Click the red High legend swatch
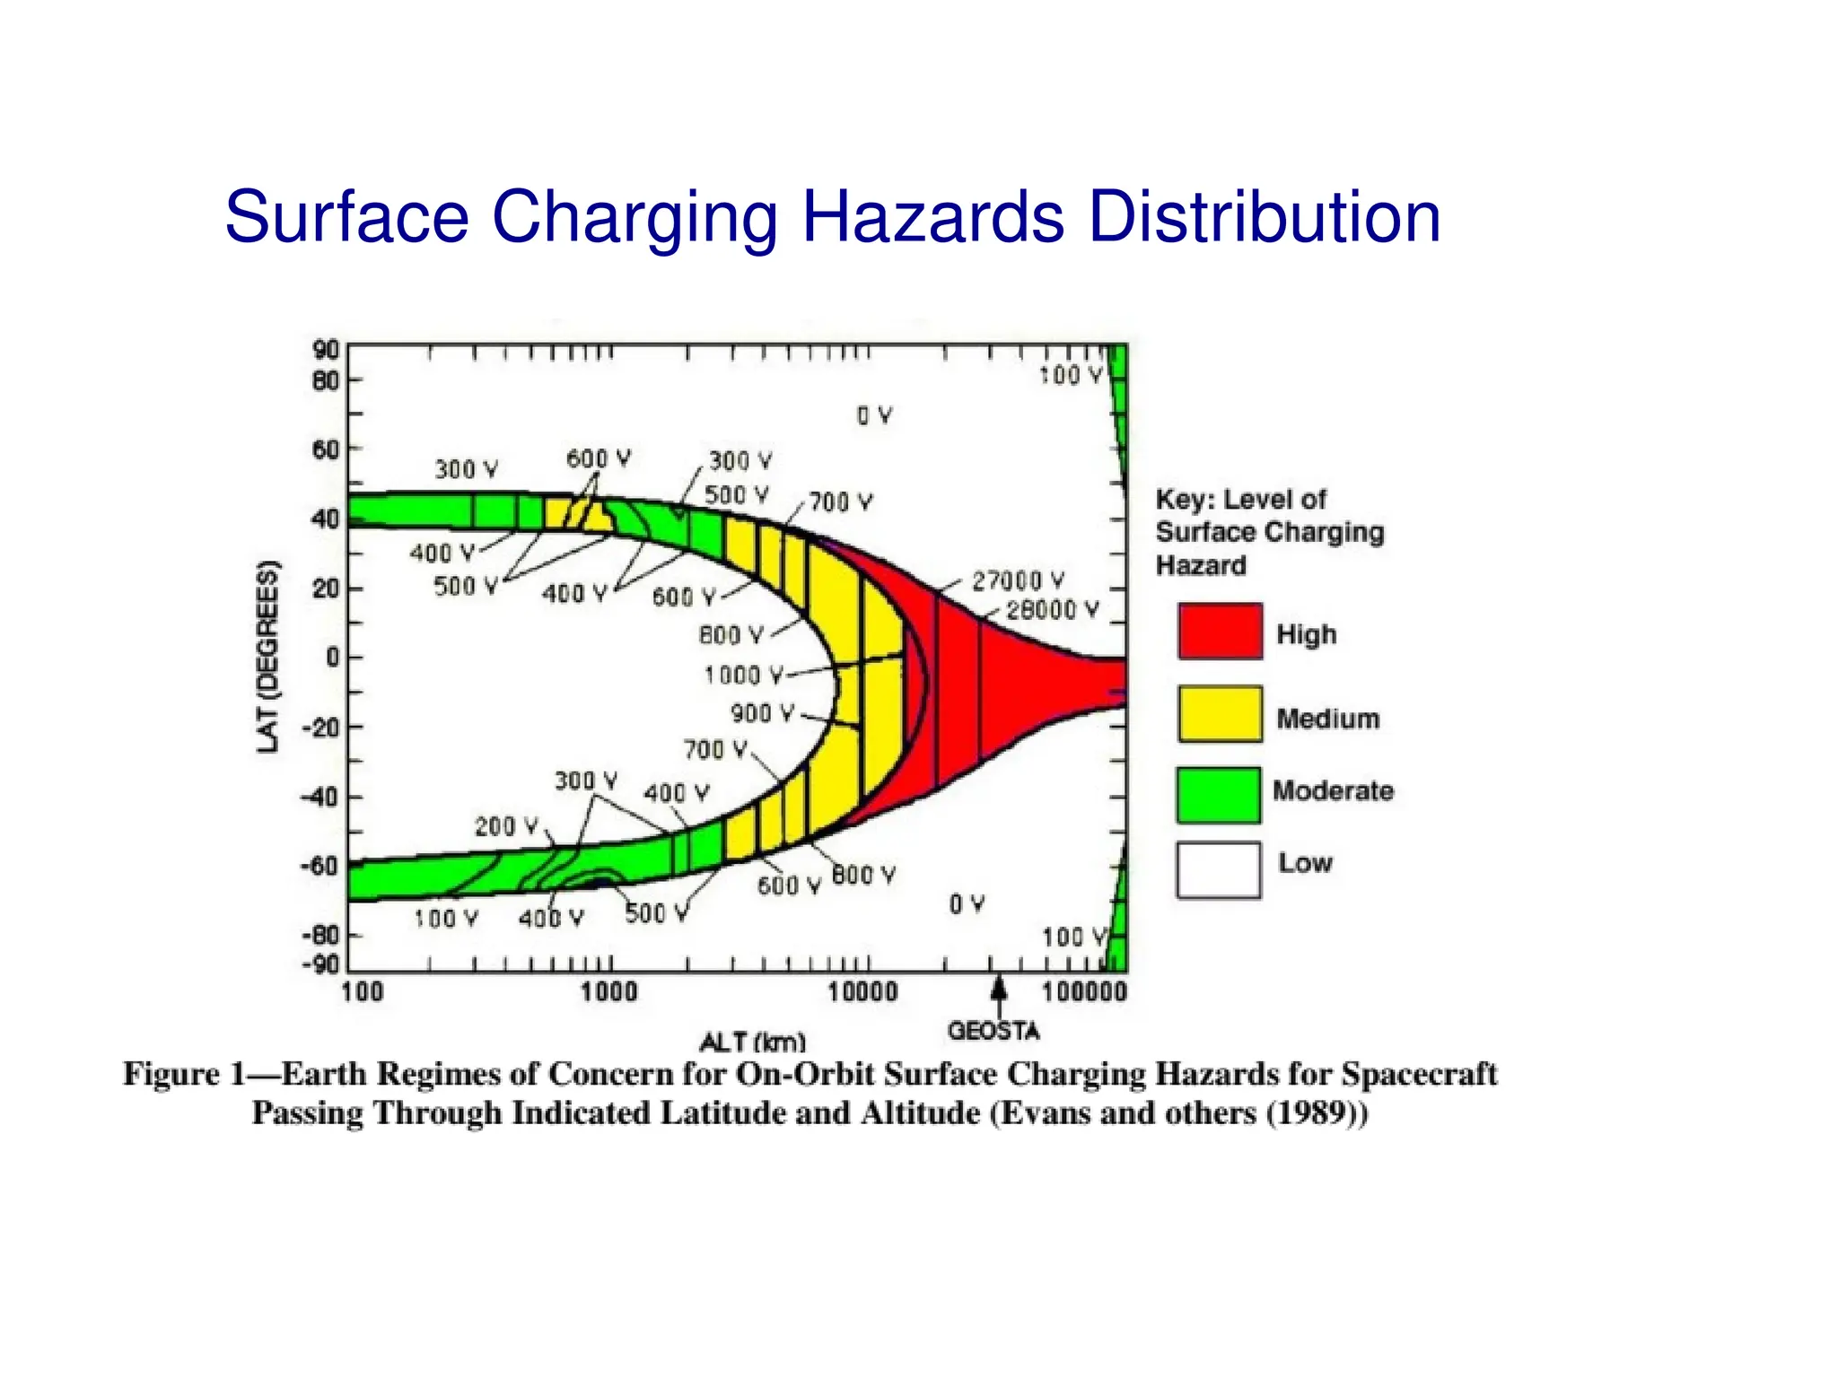point(1220,632)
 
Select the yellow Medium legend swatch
point(1220,714)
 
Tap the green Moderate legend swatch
point(1218,795)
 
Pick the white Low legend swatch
point(1218,870)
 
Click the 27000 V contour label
point(1018,581)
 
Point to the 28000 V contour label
point(1051,611)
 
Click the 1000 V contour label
point(743,675)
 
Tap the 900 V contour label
point(762,714)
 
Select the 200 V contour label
point(506,826)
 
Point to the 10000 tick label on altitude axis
point(862,992)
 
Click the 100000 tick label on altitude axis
point(1083,992)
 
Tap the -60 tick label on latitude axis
point(319,867)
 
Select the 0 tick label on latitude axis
point(332,658)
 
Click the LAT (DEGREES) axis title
point(267,657)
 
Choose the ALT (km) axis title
point(752,1042)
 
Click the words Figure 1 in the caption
point(184,1074)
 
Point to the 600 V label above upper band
point(598,459)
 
